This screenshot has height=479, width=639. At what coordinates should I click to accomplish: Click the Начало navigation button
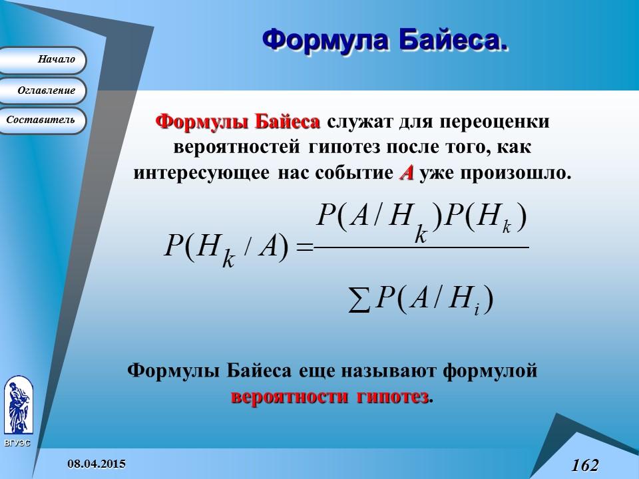[x=43, y=60]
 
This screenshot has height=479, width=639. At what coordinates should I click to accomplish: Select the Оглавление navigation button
[x=43, y=90]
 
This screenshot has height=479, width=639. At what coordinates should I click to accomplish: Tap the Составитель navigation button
[x=43, y=120]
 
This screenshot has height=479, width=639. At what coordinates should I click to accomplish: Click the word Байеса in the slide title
[x=453, y=40]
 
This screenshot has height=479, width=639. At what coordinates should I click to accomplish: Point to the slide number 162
[x=584, y=464]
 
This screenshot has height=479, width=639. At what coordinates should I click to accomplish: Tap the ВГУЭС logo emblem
[x=18, y=405]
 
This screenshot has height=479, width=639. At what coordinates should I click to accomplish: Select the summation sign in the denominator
[x=359, y=303]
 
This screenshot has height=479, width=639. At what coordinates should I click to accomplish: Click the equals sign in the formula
[x=304, y=247]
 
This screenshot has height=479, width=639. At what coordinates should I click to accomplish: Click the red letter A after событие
[x=406, y=173]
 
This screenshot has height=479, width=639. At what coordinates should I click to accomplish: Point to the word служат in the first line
[x=358, y=122]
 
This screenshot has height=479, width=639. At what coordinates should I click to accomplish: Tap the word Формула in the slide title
[x=325, y=40]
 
